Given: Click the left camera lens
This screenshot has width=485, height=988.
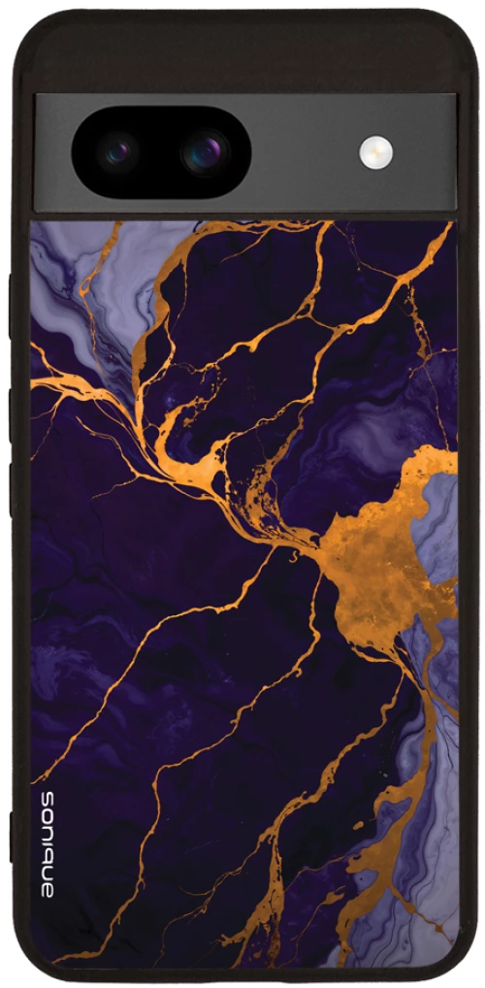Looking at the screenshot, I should pyautogui.click(x=120, y=152).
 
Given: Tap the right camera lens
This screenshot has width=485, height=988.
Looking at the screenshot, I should pyautogui.click(x=205, y=152).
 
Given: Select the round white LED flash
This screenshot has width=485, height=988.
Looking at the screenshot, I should pyautogui.click(x=375, y=151).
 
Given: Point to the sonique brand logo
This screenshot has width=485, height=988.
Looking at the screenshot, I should pyautogui.click(x=48, y=842).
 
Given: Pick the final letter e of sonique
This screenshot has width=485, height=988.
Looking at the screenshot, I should pyautogui.click(x=48, y=887).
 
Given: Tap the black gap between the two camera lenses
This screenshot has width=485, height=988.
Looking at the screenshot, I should pyautogui.click(x=163, y=152).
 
